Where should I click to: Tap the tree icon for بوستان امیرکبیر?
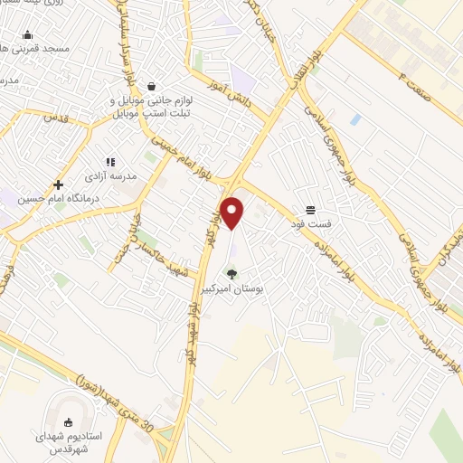pyautogui.click(x=231, y=273)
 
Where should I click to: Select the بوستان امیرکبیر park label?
pyautogui.click(x=235, y=290)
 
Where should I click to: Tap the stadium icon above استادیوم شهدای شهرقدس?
pyautogui.click(x=69, y=422)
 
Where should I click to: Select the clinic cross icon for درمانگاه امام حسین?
pyautogui.click(x=58, y=184)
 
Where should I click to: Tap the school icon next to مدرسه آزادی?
pyautogui.click(x=110, y=162)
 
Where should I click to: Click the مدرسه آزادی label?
pyautogui.click(x=110, y=176)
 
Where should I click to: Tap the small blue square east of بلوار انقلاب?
pyautogui.click(x=355, y=119)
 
